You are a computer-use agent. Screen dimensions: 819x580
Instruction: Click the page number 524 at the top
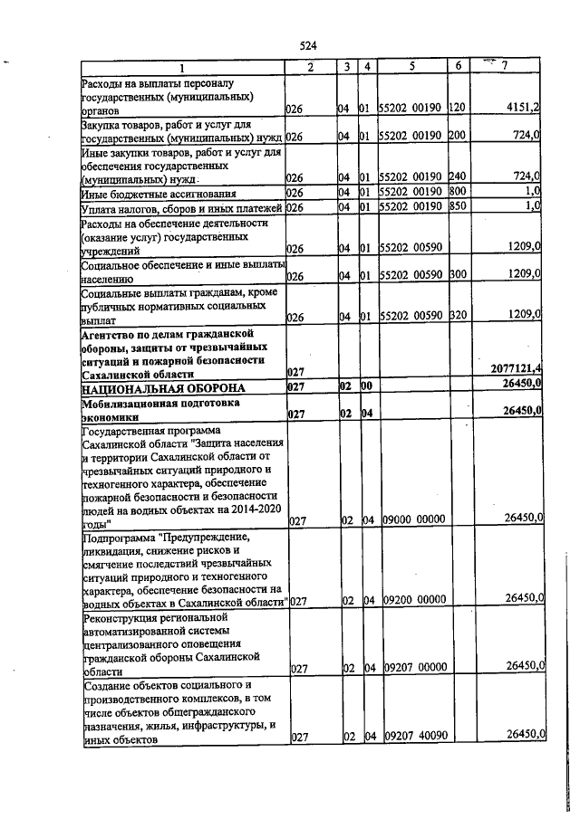(x=307, y=45)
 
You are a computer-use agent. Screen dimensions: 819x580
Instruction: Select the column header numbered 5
(x=411, y=66)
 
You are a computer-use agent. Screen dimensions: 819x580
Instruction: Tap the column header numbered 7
(x=505, y=66)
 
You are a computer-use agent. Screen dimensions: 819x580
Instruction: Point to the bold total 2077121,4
(x=516, y=369)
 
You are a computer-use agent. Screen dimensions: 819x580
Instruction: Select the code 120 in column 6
(x=457, y=108)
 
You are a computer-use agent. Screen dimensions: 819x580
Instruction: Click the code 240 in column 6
(x=457, y=176)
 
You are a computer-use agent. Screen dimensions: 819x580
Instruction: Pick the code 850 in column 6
(x=457, y=207)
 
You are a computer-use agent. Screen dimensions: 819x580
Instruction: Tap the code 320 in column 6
(x=457, y=315)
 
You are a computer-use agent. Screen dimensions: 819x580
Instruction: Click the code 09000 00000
(x=411, y=519)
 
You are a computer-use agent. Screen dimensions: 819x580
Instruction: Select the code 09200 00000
(x=411, y=599)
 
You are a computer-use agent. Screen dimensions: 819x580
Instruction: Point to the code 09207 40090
(x=411, y=738)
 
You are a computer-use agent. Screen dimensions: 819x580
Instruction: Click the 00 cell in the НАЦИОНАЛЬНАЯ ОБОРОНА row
(x=366, y=386)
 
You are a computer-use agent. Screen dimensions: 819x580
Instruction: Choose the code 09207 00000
(x=411, y=669)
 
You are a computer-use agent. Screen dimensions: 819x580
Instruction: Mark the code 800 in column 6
(x=457, y=192)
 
